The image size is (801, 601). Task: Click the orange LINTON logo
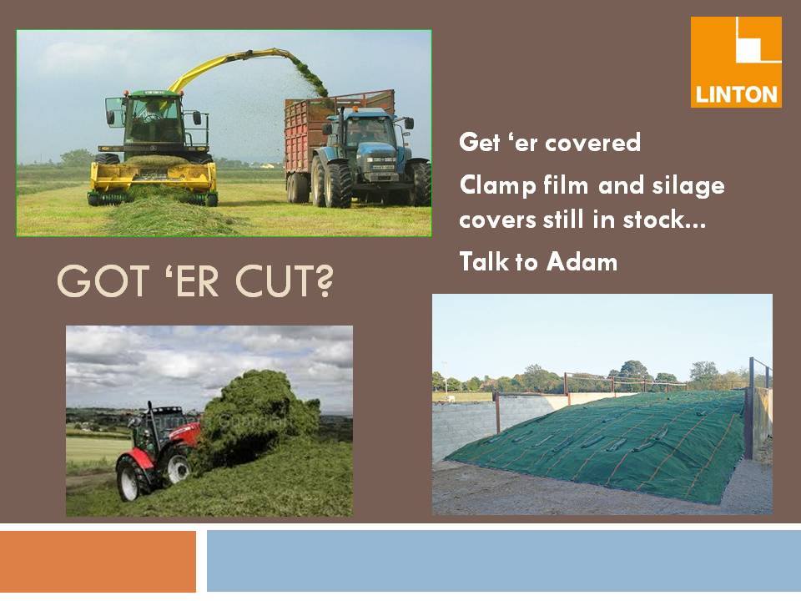click(736, 62)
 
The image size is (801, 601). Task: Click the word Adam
click(582, 261)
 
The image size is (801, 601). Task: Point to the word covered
click(592, 142)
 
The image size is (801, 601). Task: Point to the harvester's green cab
click(154, 120)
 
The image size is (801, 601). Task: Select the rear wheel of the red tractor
click(131, 478)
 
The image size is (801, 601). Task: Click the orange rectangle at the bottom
click(98, 562)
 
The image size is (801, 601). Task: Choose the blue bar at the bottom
click(504, 561)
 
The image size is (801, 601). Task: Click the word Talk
click(484, 261)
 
